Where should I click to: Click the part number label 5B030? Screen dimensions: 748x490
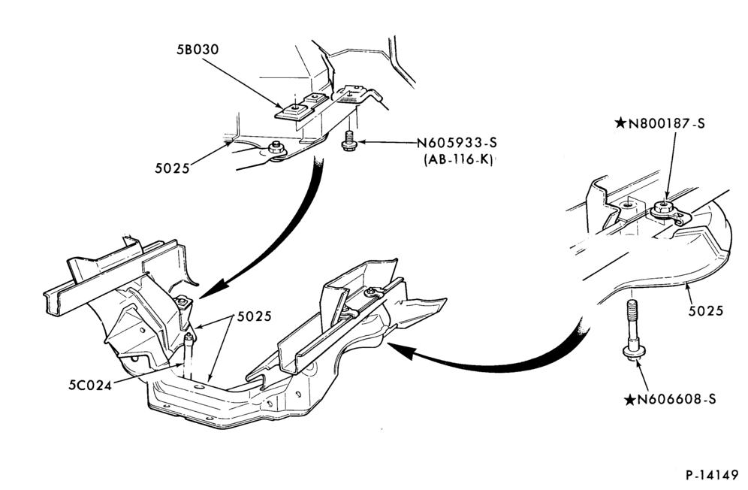(198, 49)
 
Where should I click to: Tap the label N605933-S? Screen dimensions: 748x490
(457, 142)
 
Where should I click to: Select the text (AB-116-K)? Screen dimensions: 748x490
(458, 159)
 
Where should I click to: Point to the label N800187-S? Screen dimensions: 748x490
(666, 123)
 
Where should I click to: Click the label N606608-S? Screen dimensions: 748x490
(677, 399)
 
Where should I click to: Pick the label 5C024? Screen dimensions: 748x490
(90, 385)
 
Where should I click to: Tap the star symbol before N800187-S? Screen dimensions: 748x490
(620, 123)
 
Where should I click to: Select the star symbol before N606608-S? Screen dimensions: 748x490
(630, 399)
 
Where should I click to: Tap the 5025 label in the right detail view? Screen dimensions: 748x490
(705, 311)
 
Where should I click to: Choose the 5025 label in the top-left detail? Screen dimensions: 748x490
(172, 168)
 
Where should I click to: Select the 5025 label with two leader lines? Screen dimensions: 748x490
(255, 316)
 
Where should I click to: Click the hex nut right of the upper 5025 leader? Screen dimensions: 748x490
(276, 147)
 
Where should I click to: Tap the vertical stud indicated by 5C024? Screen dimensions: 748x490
(189, 356)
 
